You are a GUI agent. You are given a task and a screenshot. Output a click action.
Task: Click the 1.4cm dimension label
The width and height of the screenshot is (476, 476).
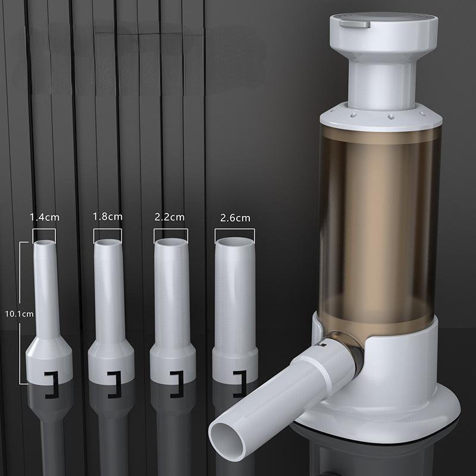(x=43, y=217)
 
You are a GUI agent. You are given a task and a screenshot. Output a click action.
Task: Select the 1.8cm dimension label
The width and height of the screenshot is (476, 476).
(x=108, y=217)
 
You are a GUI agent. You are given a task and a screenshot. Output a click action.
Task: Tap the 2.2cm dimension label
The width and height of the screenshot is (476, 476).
(x=170, y=217)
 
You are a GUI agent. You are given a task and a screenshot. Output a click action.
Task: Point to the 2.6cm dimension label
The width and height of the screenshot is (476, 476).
(x=234, y=218)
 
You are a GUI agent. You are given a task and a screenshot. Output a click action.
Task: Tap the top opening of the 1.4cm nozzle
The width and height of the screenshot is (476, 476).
(x=43, y=244)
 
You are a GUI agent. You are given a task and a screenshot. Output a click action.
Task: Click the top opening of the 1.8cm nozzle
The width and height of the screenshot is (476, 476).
(x=107, y=243)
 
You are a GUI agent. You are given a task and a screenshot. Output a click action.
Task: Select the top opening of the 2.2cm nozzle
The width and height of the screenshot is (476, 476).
(x=170, y=243)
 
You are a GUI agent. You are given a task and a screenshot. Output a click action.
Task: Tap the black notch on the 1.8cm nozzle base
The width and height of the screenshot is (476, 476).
(x=112, y=377)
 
